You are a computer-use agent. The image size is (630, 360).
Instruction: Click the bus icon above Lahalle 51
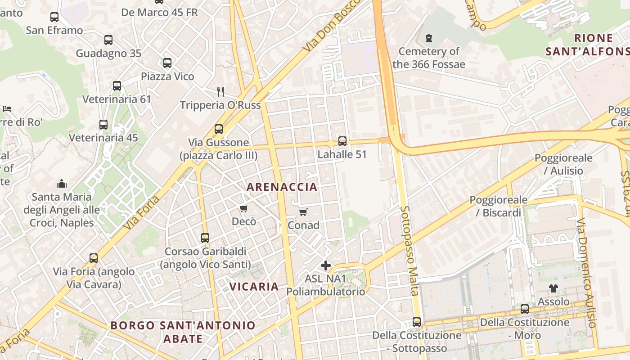pyautogui.click(x=342, y=141)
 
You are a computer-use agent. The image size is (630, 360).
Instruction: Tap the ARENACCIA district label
pyautogui.click(x=282, y=187)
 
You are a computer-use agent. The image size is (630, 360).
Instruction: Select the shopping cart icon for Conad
pyautogui.click(x=303, y=212)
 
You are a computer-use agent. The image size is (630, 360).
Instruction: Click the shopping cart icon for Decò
pyautogui.click(x=244, y=208)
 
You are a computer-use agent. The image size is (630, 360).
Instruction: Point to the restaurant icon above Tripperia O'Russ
pyautogui.click(x=220, y=92)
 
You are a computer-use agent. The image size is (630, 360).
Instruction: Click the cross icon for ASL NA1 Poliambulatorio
pyautogui.click(x=326, y=265)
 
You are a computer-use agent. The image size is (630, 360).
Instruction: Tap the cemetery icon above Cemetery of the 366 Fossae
pyautogui.click(x=428, y=38)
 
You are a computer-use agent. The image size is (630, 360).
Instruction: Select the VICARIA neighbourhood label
pyautogui.click(x=254, y=286)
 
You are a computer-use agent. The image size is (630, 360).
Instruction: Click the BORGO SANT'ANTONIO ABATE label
pyautogui.click(x=183, y=332)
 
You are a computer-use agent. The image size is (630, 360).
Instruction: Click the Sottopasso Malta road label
pyautogui.click(x=409, y=251)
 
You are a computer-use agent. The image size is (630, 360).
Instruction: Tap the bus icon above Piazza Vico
pyautogui.click(x=167, y=63)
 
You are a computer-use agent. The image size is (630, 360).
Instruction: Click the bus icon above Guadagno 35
pyautogui.click(x=108, y=40)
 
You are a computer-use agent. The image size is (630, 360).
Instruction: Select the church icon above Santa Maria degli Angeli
pyautogui.click(x=62, y=184)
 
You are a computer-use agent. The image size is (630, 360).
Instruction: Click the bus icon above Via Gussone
pyautogui.click(x=219, y=129)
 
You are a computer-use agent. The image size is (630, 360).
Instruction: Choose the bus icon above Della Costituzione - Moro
pyautogui.click(x=525, y=309)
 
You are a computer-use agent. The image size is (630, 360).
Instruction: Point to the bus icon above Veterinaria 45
pyautogui.click(x=103, y=125)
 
